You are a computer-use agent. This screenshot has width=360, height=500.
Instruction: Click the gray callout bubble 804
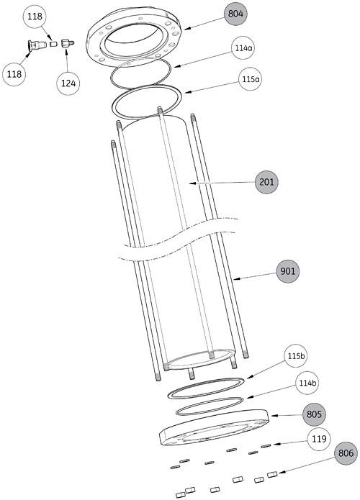click(x=235, y=14)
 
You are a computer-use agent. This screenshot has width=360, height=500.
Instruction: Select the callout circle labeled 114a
click(x=243, y=47)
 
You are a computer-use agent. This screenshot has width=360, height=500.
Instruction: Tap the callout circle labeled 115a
click(x=251, y=78)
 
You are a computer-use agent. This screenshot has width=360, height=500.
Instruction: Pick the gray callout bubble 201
click(x=266, y=182)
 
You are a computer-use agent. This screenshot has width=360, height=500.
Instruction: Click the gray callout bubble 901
click(x=288, y=271)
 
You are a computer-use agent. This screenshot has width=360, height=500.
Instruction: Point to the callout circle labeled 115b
click(x=296, y=356)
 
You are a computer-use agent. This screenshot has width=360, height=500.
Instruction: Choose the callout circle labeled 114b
click(x=307, y=383)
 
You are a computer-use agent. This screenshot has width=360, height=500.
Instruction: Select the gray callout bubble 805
click(x=314, y=414)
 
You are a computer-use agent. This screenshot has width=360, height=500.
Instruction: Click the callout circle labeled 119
click(x=319, y=439)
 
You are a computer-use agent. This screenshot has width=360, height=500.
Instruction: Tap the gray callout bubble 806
click(x=346, y=453)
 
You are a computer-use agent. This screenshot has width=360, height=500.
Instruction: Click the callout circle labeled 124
click(x=68, y=83)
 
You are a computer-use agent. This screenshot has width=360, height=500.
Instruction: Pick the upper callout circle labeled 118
click(x=35, y=17)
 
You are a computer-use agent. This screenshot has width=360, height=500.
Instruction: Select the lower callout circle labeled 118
click(x=14, y=74)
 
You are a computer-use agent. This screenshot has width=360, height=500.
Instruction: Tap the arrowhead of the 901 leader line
click(x=234, y=279)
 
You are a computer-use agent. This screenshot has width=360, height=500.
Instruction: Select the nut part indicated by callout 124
click(x=67, y=43)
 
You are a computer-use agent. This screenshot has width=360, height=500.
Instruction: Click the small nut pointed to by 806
click(x=272, y=475)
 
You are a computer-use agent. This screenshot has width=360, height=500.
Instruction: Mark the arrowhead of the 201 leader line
click(x=191, y=183)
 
